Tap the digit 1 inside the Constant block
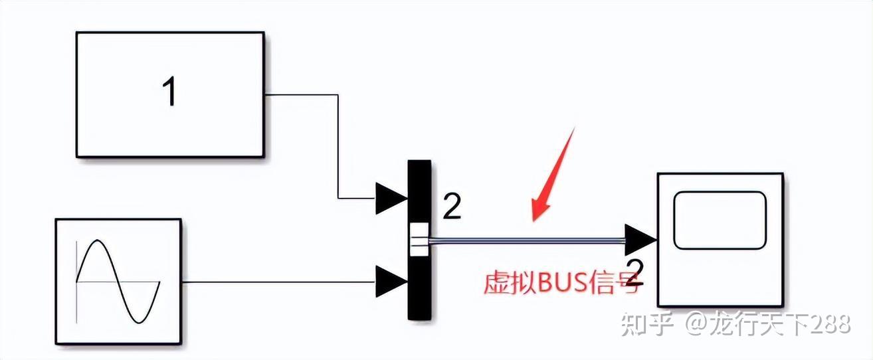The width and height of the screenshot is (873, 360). pos(170,92)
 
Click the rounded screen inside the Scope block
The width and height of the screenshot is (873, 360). pos(720,220)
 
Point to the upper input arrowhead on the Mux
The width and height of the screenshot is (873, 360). pos(391,198)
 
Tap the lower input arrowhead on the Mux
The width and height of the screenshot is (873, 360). pos(391,282)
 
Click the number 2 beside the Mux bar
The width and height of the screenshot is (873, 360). pos(451,208)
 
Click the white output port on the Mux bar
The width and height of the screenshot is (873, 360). pos(419,240)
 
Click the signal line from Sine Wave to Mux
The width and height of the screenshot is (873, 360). pos(279,282)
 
